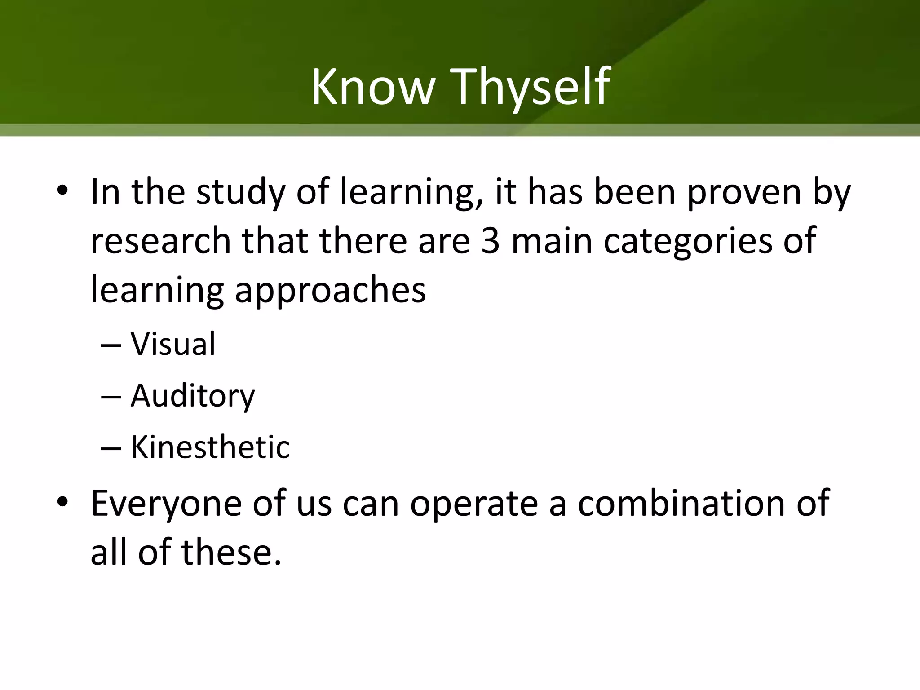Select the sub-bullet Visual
[173, 344]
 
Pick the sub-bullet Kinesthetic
[210, 447]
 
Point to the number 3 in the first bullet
[490, 241]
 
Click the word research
[160, 241]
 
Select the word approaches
[330, 290]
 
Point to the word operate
[474, 503]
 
